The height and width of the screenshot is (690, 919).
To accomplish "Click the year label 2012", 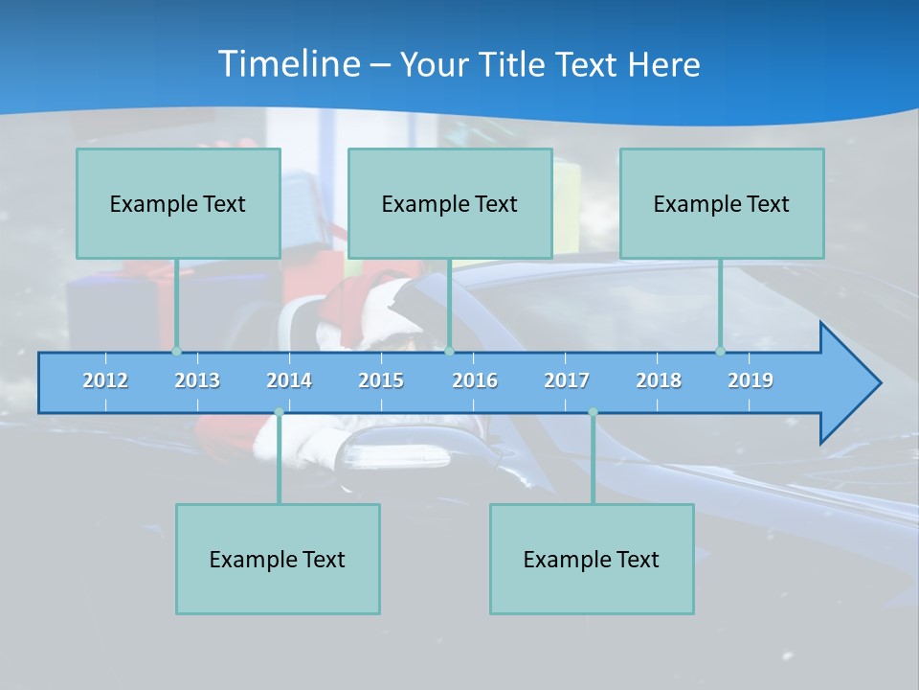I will [x=105, y=380].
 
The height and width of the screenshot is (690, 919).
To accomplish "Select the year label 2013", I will [x=197, y=380].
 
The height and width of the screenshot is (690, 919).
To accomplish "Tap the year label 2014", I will [x=289, y=380].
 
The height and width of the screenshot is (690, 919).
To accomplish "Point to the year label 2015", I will [x=381, y=380].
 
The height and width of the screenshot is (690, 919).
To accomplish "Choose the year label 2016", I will [x=475, y=380].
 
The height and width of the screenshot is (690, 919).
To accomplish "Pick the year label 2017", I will [x=567, y=380].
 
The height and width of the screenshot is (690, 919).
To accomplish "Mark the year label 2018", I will [x=659, y=380].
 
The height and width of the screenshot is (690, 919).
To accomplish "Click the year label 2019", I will [x=751, y=380].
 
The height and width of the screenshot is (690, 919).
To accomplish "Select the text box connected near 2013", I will [x=178, y=203].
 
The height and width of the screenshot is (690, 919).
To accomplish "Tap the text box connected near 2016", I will [x=450, y=203].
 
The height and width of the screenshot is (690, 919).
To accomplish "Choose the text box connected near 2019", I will [x=722, y=203].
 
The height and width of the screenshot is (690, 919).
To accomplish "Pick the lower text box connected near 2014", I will [x=278, y=559].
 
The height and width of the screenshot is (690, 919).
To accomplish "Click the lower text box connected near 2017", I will [x=592, y=559].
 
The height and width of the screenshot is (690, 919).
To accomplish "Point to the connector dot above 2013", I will [x=176, y=351].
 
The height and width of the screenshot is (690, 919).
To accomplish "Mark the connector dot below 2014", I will [x=279, y=412].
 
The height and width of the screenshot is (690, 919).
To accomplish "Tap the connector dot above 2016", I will [x=449, y=351].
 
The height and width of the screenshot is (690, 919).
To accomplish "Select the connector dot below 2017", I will [x=593, y=412].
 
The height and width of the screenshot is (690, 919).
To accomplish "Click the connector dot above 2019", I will [x=720, y=351].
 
